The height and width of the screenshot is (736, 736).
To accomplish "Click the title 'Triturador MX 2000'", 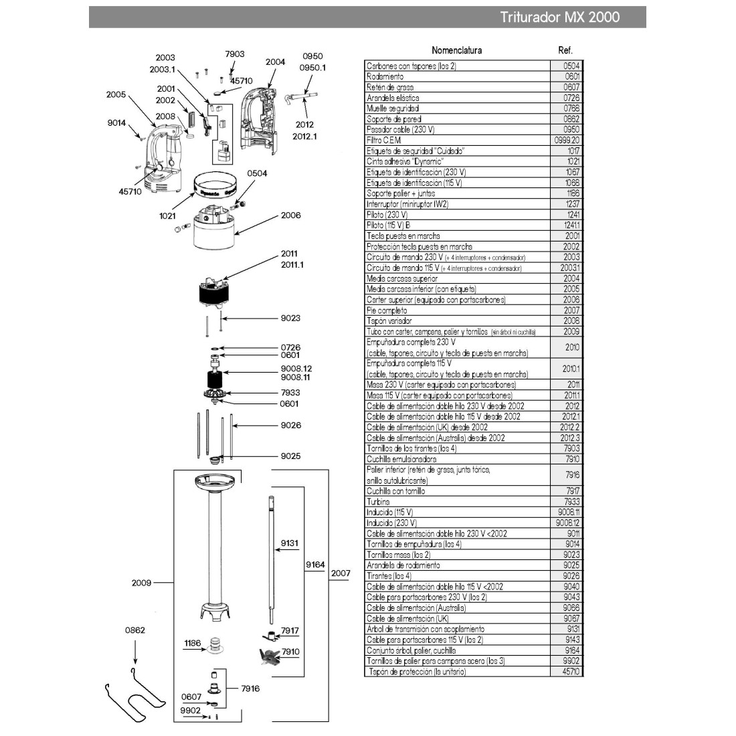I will point(559,17).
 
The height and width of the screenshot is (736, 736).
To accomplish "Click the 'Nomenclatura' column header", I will point(456,50).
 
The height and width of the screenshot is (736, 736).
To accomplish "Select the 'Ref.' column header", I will point(565,50).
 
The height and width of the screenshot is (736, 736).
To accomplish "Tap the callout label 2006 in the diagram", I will point(290,215).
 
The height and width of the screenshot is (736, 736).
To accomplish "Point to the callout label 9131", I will point(289,543).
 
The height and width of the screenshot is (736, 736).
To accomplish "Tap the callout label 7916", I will point(250,688).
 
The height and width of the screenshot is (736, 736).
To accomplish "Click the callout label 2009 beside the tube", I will point(141,583).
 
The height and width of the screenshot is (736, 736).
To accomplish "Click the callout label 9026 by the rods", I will point(290,425).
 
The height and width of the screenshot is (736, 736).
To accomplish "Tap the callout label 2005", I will point(116,95).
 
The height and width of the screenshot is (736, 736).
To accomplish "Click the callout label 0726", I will point(290,347).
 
